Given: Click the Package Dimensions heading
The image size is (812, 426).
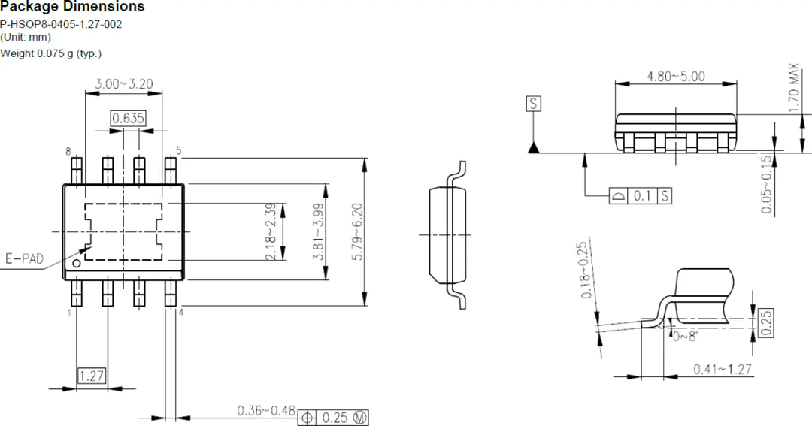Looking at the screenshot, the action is click(x=72, y=7).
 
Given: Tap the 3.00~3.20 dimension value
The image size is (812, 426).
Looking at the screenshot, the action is click(x=124, y=84).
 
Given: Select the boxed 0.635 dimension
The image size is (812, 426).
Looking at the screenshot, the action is click(x=129, y=118).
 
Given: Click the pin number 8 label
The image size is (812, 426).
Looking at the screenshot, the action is click(x=68, y=152).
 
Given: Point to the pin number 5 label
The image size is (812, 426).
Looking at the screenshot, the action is click(x=179, y=150).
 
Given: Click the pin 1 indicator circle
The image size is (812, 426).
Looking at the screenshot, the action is click(x=77, y=264).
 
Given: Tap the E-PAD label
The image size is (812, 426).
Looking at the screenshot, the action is click(x=24, y=258).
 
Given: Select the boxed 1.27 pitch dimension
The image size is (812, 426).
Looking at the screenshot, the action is click(x=92, y=376).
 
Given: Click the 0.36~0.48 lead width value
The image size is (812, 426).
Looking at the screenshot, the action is click(x=266, y=411).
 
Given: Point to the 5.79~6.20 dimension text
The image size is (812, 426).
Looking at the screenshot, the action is click(x=357, y=231).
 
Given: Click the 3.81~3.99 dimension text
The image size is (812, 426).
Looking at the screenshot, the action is click(x=318, y=231).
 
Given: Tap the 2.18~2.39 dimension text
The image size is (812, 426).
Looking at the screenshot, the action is click(x=271, y=231).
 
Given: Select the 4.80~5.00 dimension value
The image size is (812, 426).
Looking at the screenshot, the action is click(x=676, y=77).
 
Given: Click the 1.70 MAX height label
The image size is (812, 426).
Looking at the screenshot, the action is click(x=794, y=87).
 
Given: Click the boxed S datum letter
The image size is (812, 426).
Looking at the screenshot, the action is click(x=533, y=104).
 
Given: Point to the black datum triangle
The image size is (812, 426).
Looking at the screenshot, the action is click(x=533, y=147).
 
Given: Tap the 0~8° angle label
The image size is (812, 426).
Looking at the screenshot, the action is click(x=685, y=336).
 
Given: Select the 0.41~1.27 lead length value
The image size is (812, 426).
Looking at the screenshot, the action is click(x=723, y=369).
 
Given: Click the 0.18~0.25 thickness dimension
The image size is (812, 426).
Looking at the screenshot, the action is click(x=584, y=270).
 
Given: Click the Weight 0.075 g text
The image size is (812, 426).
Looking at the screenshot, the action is click(x=51, y=54).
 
